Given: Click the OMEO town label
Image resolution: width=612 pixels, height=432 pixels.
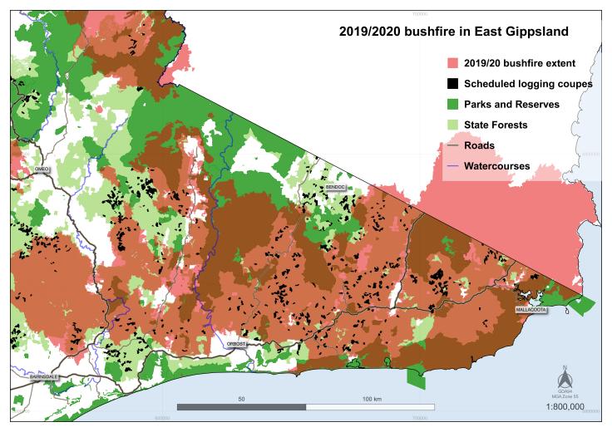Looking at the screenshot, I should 42,169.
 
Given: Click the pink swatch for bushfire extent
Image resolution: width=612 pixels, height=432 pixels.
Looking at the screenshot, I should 452,63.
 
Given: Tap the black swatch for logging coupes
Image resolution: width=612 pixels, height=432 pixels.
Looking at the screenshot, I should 452,84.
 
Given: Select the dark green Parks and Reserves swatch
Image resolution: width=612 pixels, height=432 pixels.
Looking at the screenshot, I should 452,105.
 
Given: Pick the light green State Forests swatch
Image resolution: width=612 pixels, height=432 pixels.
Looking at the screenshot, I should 452,125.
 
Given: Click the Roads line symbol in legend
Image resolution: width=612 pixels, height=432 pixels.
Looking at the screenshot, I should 452,145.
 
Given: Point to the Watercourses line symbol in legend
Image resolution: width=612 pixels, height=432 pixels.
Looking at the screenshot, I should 452,166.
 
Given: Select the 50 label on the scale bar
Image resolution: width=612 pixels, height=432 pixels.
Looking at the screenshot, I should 241,399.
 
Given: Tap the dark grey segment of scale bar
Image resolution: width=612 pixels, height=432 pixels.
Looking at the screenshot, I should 242,407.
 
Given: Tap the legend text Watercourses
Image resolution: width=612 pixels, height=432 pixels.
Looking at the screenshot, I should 497,166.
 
